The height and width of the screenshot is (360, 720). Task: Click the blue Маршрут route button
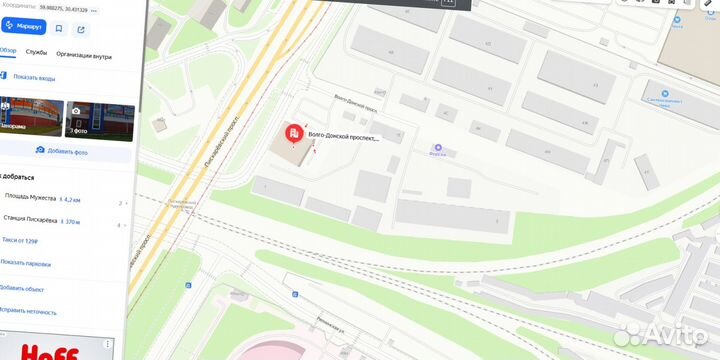point(23,27)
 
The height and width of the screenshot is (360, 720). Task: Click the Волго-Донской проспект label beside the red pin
point(344,138)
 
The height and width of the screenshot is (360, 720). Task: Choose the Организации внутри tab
point(83,56)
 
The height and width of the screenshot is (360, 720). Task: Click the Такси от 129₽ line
point(19,241)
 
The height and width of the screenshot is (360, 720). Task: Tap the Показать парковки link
point(26,264)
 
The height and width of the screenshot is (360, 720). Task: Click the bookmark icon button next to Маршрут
point(59,29)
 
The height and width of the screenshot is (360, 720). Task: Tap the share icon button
point(81,29)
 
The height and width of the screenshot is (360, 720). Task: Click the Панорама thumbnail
point(25,119)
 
